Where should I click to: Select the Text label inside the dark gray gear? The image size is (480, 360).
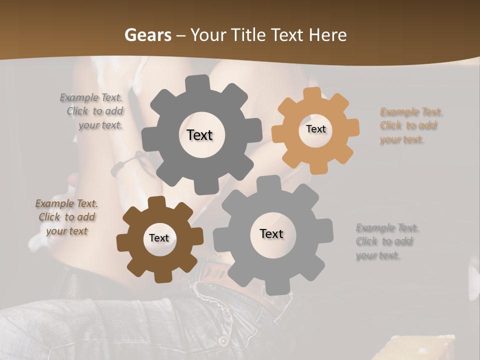coord(200,135)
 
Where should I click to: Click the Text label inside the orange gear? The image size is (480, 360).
coord(315,129)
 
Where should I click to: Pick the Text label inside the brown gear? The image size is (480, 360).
coord(159,238)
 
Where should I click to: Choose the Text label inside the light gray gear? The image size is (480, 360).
coord(271,234)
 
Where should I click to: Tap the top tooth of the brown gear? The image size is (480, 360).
coord(157,202)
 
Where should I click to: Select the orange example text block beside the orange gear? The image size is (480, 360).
coord(411,125)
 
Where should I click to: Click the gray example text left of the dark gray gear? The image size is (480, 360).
coord(92,111)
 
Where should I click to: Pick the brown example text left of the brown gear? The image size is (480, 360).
coord(67,217)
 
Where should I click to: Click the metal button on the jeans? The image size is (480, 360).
coord(222,341)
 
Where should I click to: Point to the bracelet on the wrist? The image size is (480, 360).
coord(127,164)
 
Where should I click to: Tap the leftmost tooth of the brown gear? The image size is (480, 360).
coord(123,243)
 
